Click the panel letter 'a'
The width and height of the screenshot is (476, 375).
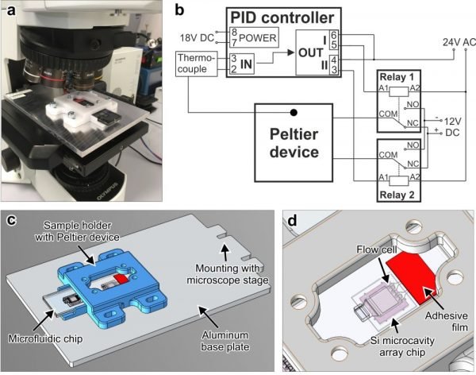tap(11, 11)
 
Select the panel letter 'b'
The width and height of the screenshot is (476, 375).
tap(182, 11)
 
